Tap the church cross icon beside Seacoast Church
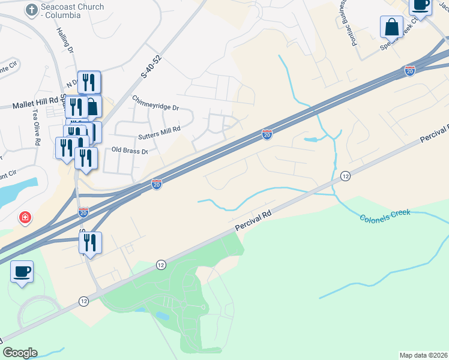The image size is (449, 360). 31,10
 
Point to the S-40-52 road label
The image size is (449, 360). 151,67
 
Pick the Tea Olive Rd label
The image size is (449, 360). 37,134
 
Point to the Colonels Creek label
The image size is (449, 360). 385,215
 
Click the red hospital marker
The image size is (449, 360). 25,217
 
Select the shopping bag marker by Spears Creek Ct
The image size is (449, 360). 391,28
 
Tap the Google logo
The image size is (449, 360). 20,353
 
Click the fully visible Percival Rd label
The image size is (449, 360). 253,220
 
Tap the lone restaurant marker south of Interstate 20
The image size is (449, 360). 90,243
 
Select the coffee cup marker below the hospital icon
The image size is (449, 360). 22,272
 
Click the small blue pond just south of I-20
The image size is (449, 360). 311,140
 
